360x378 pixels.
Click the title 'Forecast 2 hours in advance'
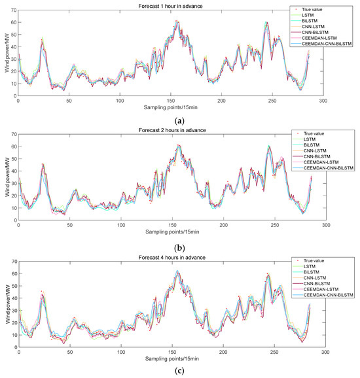tap(171, 128)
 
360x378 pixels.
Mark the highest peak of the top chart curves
tap(177, 22)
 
